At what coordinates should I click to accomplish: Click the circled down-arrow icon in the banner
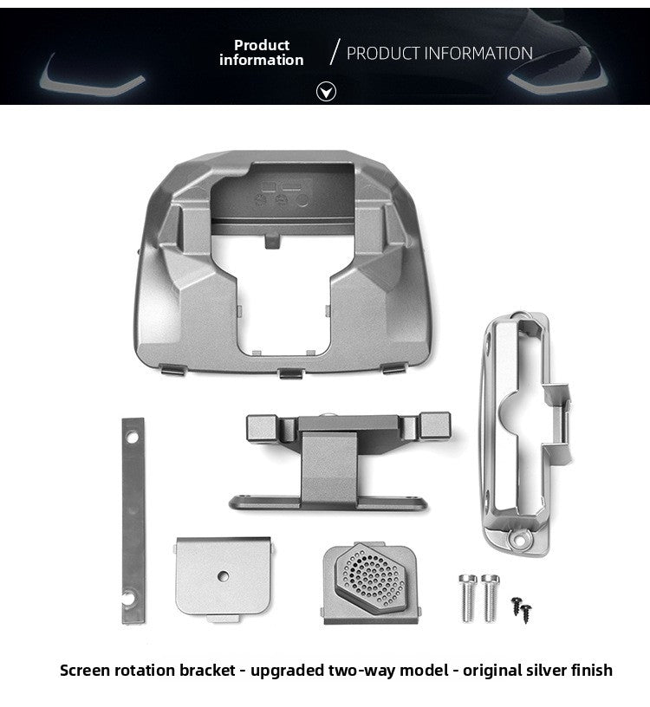326,92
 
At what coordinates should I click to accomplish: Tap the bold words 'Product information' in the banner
261,52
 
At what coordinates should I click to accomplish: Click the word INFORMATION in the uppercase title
478,53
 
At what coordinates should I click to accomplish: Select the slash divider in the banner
335,52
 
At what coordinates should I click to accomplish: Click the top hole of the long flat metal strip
132,437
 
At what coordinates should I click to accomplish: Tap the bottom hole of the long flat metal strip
130,599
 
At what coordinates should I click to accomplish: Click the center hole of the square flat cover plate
223,576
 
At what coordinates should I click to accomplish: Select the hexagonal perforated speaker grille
370,577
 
